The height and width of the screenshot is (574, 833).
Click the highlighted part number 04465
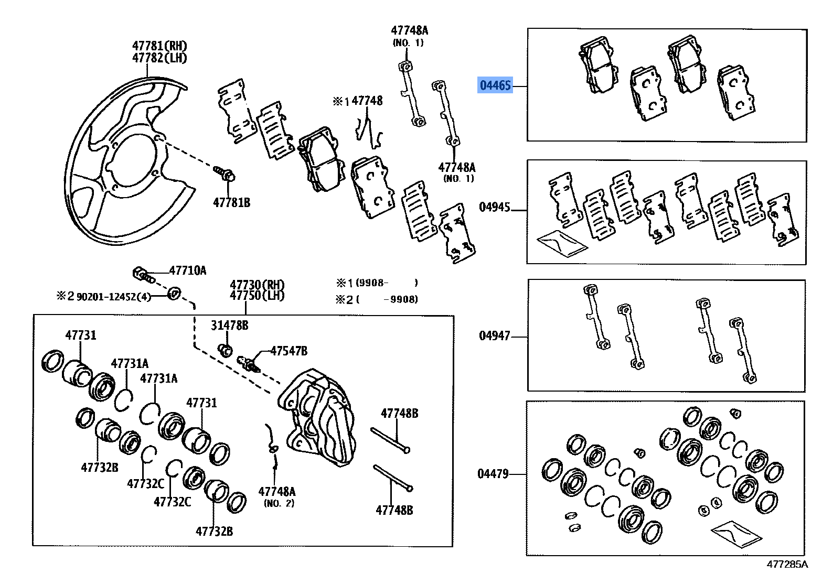coord(494,84)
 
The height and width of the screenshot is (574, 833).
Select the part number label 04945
coord(494,207)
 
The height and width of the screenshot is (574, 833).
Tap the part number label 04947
coord(494,335)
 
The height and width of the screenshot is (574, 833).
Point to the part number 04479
coord(493,474)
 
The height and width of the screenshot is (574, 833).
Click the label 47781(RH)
coord(159,46)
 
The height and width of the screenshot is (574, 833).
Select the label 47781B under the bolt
coord(231,202)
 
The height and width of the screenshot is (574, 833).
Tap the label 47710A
coord(187,270)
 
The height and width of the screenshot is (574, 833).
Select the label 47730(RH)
coord(257,285)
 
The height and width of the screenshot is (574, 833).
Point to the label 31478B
coord(230,326)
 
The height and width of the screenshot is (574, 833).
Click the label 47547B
coord(289,351)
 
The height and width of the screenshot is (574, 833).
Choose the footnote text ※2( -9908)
coord(377,299)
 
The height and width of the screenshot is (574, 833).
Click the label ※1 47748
coord(357,101)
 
